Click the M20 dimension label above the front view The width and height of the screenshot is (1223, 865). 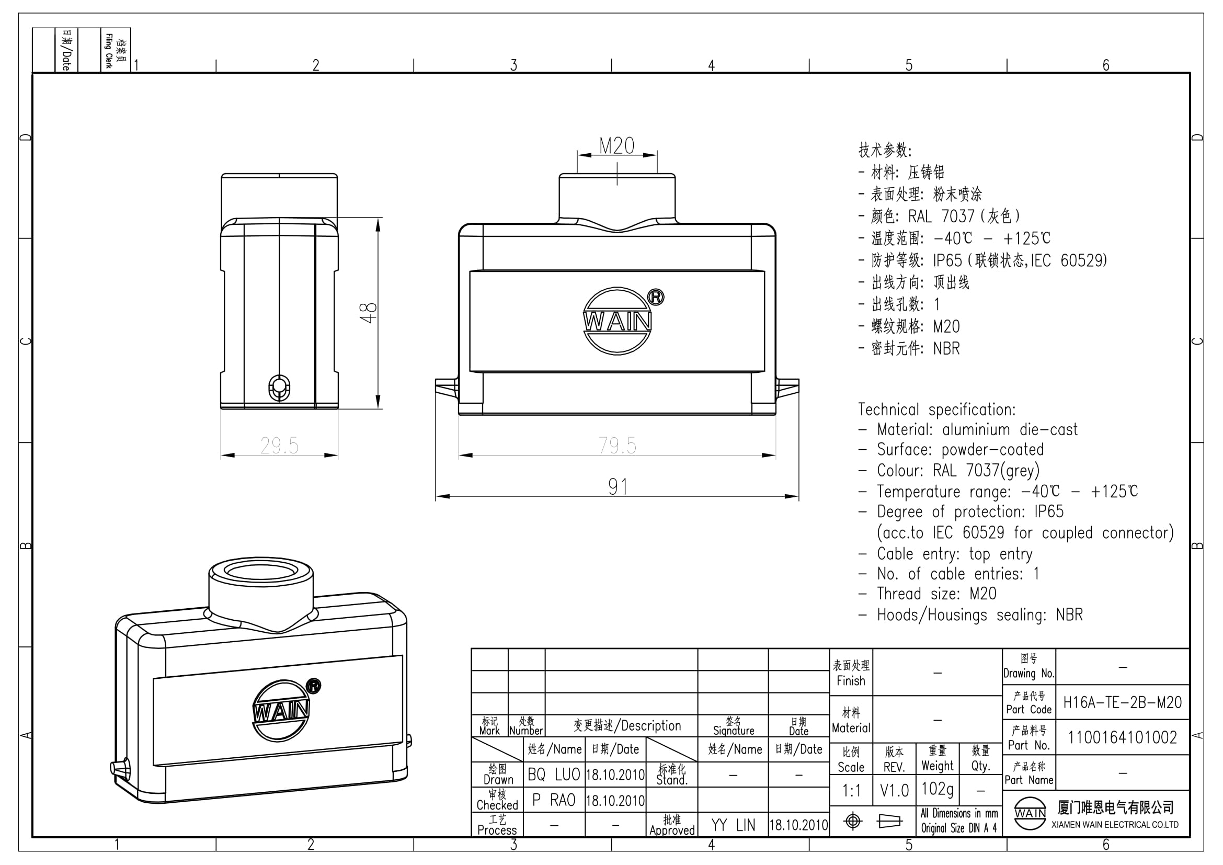pos(617,145)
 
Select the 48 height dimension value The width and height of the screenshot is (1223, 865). pos(368,313)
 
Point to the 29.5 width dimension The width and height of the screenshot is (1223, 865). pos(280,445)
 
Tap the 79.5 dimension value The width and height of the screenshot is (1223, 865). pos(618,445)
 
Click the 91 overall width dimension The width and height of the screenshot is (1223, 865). pos(618,487)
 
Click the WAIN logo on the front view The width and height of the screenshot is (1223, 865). pos(618,321)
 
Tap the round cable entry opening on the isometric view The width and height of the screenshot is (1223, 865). pos(261,572)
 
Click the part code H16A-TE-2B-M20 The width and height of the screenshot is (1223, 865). pos(1122,702)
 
